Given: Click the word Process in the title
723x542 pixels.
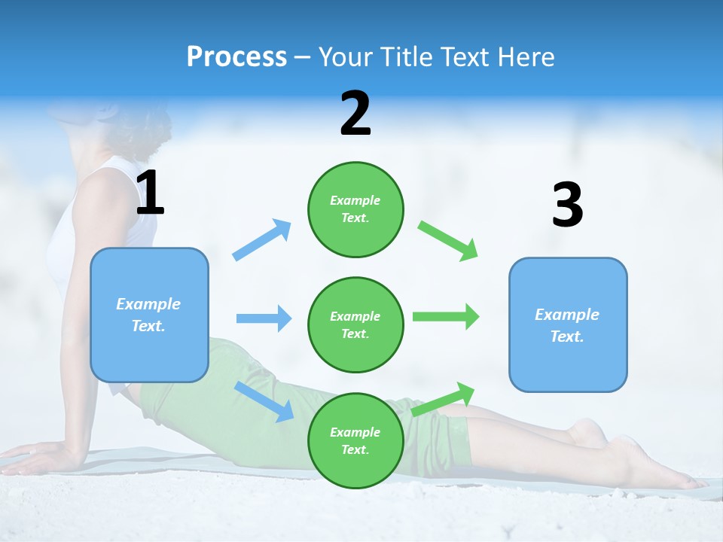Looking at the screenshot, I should coord(236,57).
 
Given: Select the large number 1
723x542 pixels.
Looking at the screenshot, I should coord(150,193).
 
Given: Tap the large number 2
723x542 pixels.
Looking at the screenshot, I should coord(355,114).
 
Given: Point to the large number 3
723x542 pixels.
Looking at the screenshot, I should coord(568,205).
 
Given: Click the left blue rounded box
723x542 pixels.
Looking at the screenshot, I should coord(149,315).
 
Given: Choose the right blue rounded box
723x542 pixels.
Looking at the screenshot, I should coord(568,324).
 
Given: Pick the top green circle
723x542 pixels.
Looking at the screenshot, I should coord(355,209).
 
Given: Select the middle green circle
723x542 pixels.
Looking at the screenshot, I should coord(355,324).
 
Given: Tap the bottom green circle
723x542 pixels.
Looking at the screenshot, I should coord(355,440).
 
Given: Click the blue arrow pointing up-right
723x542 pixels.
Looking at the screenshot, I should coord(262,239).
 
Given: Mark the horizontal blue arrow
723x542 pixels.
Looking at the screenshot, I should coord(264,318).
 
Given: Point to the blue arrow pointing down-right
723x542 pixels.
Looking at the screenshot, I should coord(264,400).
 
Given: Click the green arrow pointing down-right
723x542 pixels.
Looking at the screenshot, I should coord(449,241).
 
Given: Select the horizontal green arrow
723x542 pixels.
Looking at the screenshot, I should coord(446,316).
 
